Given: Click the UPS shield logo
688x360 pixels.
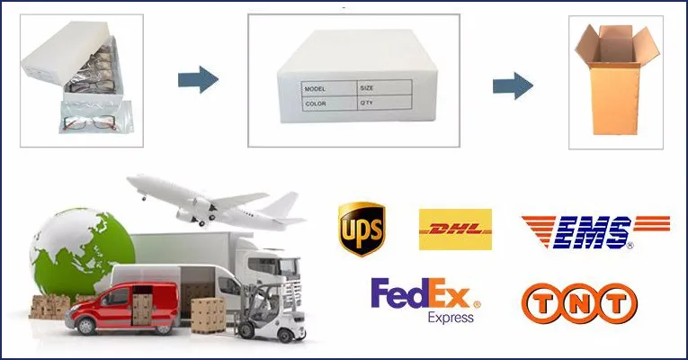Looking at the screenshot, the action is tap(361, 229).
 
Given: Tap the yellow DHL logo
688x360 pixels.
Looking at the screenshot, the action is tap(455, 229).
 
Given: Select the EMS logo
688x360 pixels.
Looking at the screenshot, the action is tap(594, 232).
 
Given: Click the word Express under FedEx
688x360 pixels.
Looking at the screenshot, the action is tap(451, 318).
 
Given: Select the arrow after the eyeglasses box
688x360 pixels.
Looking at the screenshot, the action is tap(198, 80).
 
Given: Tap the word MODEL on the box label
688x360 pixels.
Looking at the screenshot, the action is tap(316, 89).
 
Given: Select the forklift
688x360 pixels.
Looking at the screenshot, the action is tap(268, 310).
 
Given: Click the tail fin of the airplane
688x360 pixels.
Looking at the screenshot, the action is tap(286, 203).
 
